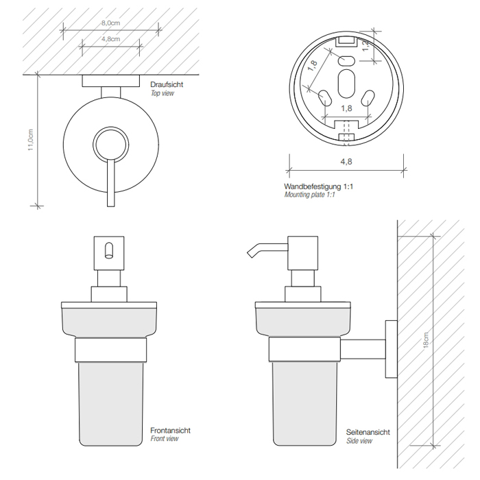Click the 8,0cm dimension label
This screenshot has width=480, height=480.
click(111, 23)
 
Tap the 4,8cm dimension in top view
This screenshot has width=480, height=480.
click(111, 39)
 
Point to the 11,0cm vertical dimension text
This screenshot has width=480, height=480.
click(30, 140)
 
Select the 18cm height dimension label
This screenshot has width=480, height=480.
click(426, 340)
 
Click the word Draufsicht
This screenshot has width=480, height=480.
click(167, 84)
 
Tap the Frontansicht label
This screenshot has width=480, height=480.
click(170, 430)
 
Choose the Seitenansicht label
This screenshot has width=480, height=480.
click(368, 432)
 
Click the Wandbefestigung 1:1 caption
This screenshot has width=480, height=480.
click(318, 186)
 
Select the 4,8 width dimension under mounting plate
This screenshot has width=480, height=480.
click(346, 162)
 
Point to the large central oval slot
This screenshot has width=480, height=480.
click(346, 84)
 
